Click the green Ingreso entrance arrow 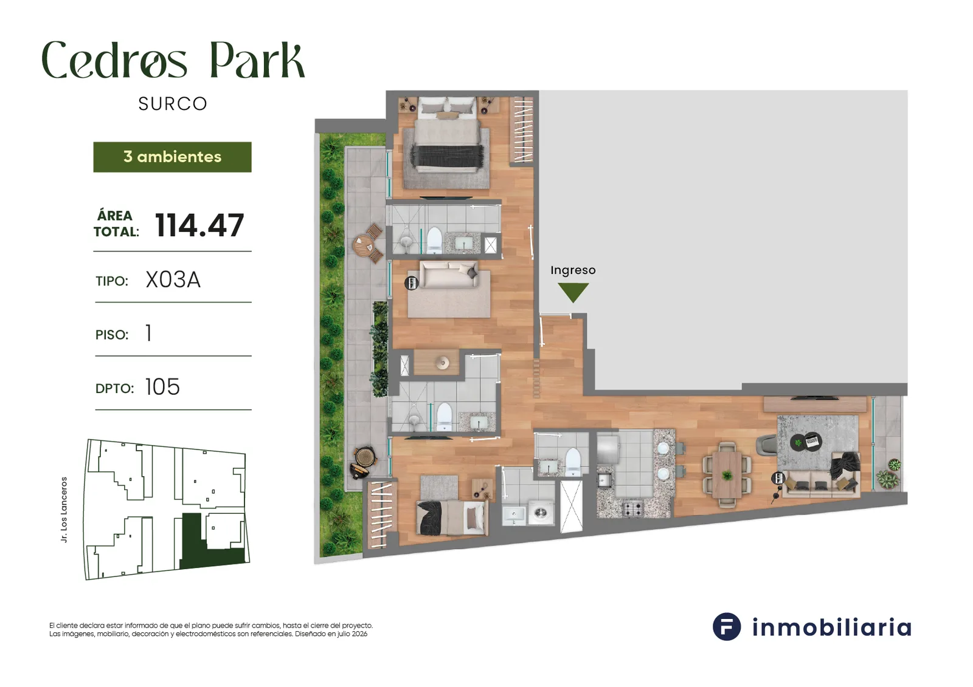tap(573, 292)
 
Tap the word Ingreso tap(573, 270)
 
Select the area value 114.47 tap(199, 225)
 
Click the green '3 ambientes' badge tap(173, 157)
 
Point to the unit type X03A tap(173, 280)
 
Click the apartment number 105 tap(162, 387)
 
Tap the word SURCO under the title tap(173, 104)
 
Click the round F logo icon tap(727, 627)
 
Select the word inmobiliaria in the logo tap(832, 627)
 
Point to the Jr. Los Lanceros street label tap(64, 510)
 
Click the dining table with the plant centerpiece tap(727, 475)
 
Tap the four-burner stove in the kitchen tap(634, 508)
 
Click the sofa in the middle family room tap(449, 275)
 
